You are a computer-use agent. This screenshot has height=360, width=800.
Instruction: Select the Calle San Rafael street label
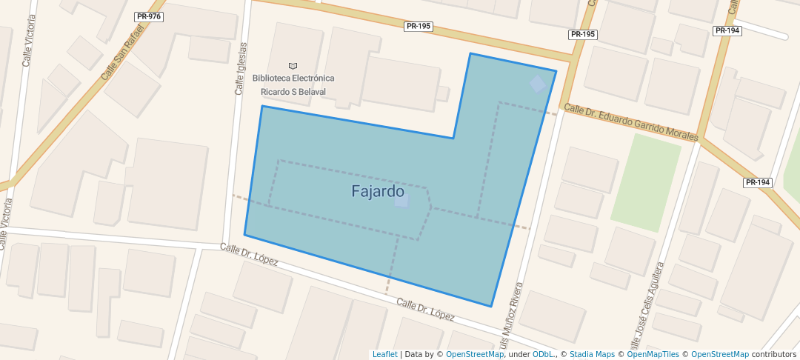tap(121, 60)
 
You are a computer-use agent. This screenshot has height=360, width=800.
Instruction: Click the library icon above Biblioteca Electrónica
tap(293, 66)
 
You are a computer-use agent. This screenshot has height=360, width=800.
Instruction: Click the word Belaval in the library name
tap(311, 92)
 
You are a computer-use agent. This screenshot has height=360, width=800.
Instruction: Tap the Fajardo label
tap(377, 191)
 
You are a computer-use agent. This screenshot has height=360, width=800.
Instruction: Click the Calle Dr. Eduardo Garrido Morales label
tap(631, 122)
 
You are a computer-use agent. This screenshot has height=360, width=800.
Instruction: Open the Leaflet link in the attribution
tap(384, 354)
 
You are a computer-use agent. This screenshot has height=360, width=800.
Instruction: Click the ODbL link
tap(543, 354)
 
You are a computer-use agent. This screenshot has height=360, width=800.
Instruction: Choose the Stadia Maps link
tap(590, 354)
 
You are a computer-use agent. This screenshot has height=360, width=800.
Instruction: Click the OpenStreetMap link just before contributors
tap(719, 354)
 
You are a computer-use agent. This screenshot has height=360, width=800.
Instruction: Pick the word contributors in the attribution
tap(775, 354)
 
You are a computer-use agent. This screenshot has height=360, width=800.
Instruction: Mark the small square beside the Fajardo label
tap(401, 201)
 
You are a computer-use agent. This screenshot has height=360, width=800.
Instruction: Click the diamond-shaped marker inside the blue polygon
tap(538, 84)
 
